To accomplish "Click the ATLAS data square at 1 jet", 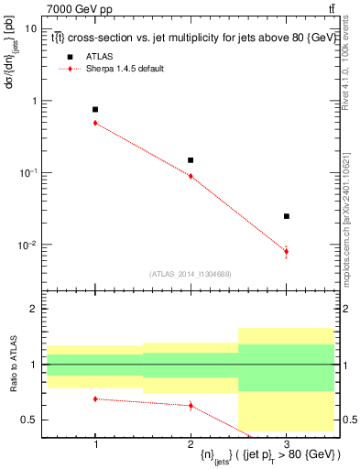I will click(x=95, y=109).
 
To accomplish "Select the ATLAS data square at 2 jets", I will click(x=191, y=160).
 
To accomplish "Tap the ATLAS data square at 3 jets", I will click(x=287, y=216).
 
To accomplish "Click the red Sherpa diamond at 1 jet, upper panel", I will click(x=95, y=123).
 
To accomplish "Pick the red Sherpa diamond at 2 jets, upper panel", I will click(x=191, y=176).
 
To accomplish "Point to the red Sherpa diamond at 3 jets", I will click(x=287, y=251).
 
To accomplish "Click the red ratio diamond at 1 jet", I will click(x=95, y=398).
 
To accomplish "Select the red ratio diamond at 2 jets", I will click(x=191, y=405).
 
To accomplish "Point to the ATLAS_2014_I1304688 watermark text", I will click(x=191, y=274).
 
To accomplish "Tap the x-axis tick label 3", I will click(x=287, y=444).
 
